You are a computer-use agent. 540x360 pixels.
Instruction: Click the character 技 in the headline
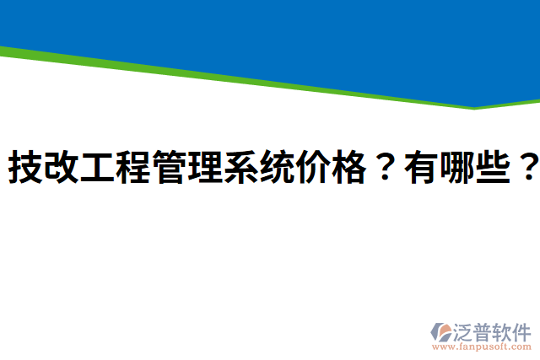[25, 169]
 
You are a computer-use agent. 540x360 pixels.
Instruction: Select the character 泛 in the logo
[467, 330]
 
